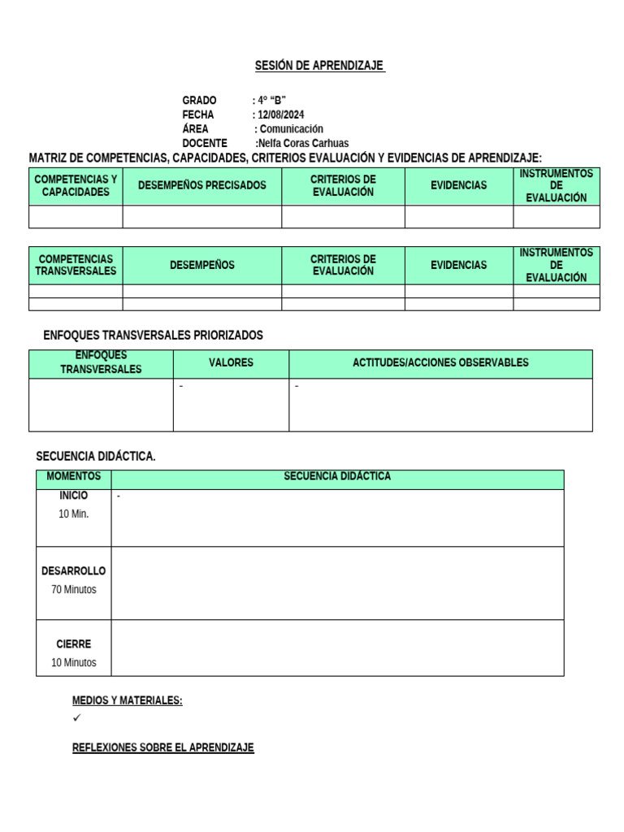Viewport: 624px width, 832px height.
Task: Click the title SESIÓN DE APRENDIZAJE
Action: pyautogui.click(x=319, y=66)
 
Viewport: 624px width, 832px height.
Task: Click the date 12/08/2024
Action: pyautogui.click(x=280, y=115)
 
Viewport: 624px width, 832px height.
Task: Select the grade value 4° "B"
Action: pyautogui.click(x=271, y=101)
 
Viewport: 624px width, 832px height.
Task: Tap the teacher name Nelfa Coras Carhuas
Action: pyautogui.click(x=303, y=143)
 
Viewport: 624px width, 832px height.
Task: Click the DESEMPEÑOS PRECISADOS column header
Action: pyautogui.click(x=202, y=185)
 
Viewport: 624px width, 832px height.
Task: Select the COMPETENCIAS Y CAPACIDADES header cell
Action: pyautogui.click(x=76, y=185)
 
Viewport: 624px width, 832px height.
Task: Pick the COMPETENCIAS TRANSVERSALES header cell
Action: pyautogui.click(x=76, y=265)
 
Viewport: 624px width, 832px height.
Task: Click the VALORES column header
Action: pyautogui.click(x=231, y=363)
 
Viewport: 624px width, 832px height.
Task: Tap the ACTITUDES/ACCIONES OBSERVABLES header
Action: pyautogui.click(x=440, y=363)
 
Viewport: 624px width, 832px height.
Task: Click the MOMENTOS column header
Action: pyautogui.click(x=74, y=476)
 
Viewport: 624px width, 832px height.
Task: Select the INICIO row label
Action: pyautogui.click(x=74, y=496)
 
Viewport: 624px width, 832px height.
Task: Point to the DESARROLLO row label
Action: pyautogui.click(x=74, y=571)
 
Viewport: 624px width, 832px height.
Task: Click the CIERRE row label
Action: pyautogui.click(x=74, y=644)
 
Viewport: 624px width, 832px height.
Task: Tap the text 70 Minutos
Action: pyautogui.click(x=74, y=590)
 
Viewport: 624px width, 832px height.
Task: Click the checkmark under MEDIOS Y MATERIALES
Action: pyautogui.click(x=77, y=718)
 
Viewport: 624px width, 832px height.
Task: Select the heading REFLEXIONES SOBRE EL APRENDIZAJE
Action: pyautogui.click(x=162, y=747)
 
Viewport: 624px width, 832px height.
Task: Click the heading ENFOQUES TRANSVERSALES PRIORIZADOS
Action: pyautogui.click(x=153, y=336)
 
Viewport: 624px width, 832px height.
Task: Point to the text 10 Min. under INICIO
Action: pyautogui.click(x=74, y=514)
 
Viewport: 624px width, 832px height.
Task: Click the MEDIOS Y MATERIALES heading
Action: pyautogui.click(x=127, y=700)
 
